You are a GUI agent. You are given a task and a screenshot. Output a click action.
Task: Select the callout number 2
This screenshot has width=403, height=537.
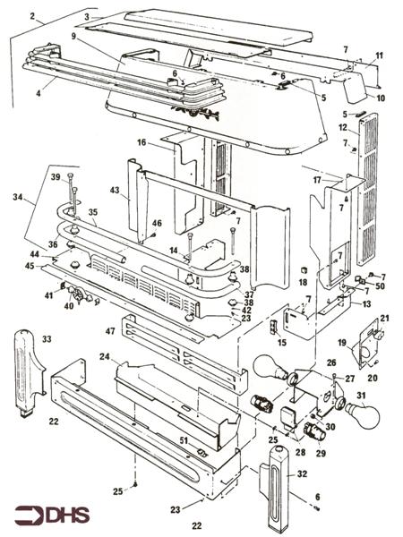(32, 17)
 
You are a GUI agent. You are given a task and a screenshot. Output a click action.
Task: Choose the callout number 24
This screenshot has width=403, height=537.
(104, 357)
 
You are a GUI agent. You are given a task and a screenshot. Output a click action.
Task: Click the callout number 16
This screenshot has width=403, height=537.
(141, 142)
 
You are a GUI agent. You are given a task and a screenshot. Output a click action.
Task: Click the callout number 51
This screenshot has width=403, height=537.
(183, 439)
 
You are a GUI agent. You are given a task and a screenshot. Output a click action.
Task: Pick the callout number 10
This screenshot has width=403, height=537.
(380, 97)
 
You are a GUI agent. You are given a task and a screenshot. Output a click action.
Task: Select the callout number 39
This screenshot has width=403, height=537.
(56, 178)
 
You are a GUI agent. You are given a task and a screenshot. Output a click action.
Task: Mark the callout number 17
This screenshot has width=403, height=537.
(316, 180)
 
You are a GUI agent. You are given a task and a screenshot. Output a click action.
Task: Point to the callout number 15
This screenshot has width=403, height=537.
(282, 343)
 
